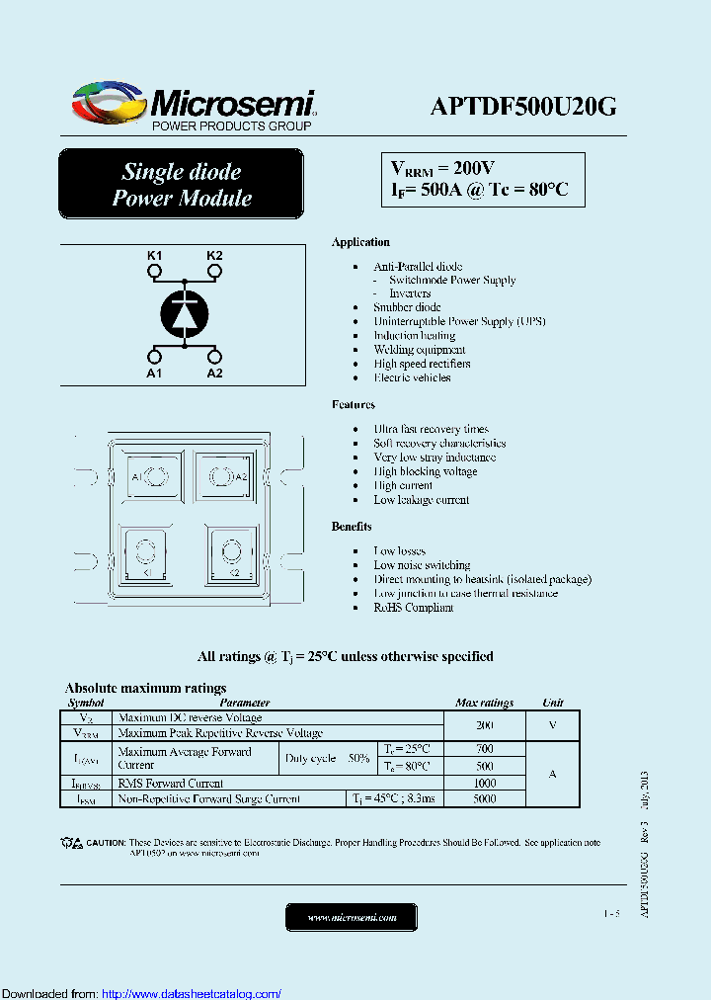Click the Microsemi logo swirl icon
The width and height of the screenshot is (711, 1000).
click(x=109, y=102)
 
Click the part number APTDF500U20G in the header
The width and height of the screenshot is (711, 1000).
click(x=523, y=107)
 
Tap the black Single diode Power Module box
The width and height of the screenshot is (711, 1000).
click(x=182, y=185)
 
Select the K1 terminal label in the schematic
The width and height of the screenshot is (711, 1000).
click(x=155, y=256)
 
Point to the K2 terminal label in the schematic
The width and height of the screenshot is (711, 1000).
click(x=214, y=256)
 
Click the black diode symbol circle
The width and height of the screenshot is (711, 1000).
click(x=185, y=313)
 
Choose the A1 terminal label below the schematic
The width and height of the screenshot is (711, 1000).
click(x=155, y=373)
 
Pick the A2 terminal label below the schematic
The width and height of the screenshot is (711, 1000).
click(x=214, y=373)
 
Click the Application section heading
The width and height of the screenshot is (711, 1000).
click(x=360, y=242)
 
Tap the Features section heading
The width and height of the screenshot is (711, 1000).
click(x=354, y=404)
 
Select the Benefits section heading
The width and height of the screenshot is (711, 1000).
click(x=352, y=527)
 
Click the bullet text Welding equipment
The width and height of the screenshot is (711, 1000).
click(x=420, y=350)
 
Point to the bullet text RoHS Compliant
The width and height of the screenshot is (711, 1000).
click(x=414, y=608)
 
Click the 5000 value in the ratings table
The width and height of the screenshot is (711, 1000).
click(x=484, y=798)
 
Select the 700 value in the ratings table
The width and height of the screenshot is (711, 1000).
click(x=484, y=749)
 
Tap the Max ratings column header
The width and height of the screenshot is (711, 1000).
click(x=484, y=703)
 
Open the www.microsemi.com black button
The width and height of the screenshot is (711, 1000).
click(x=352, y=918)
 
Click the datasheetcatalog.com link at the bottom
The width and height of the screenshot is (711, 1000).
click(x=192, y=993)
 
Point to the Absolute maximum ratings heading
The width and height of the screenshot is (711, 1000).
click(x=145, y=688)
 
